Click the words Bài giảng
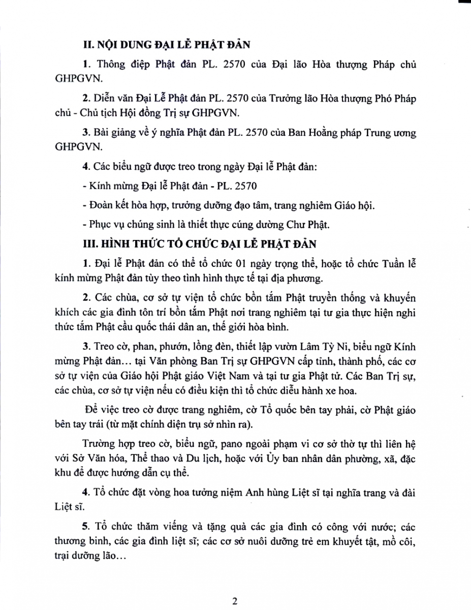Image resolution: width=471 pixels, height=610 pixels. (x=110, y=132)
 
